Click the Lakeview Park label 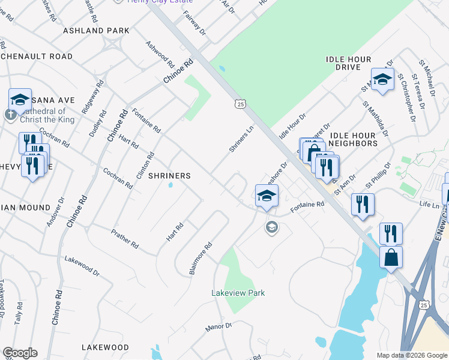click(x=238, y=293)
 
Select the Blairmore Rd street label click(x=201, y=259)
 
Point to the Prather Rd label click(x=125, y=238)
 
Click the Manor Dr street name click(x=218, y=327)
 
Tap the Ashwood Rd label click(x=160, y=55)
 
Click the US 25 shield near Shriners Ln click(x=240, y=104)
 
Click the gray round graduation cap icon click(x=272, y=228)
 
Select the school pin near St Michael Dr click(x=382, y=80)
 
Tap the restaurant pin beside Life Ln click(x=363, y=205)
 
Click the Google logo click(x=20, y=353)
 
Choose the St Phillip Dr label click(x=380, y=174)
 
